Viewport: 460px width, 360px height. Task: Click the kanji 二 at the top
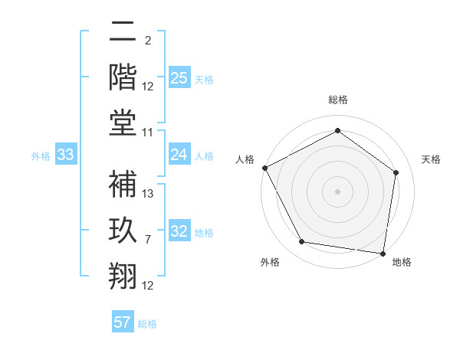[x=123, y=31]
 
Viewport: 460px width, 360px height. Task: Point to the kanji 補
[x=123, y=184]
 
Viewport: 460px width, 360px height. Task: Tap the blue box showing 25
[x=179, y=78]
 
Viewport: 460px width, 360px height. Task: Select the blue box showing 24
[x=179, y=155]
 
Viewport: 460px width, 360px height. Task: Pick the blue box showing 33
[x=65, y=155]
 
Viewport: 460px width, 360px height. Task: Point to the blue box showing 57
[x=123, y=322]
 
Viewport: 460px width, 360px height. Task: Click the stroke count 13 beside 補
[x=148, y=194]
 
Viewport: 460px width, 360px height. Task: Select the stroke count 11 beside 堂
[x=148, y=133]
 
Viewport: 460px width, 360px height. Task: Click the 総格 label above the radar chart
[x=338, y=100]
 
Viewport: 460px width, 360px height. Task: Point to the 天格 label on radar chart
[x=432, y=159]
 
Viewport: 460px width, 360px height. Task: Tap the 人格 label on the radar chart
[x=245, y=159]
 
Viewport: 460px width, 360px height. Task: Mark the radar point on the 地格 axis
[x=383, y=253]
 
